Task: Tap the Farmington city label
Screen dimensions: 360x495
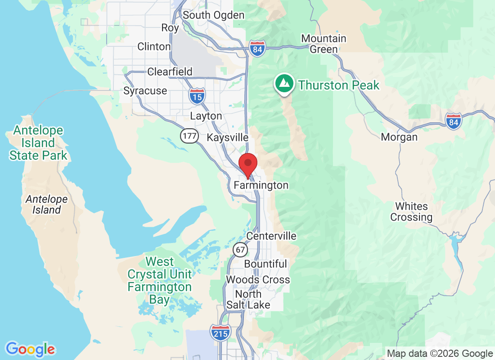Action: point(261,185)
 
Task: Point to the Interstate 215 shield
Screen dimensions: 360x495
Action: point(220,333)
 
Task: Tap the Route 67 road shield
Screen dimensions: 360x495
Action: point(240,249)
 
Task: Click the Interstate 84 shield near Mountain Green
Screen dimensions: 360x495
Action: point(257,48)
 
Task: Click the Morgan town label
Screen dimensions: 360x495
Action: point(399,137)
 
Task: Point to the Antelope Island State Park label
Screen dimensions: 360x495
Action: point(38,143)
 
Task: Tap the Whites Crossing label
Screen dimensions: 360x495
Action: point(411,212)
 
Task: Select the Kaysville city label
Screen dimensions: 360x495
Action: point(227,138)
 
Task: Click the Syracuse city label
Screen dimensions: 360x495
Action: point(145,91)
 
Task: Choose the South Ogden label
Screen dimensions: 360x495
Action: point(214,15)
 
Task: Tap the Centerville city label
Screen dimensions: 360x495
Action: point(271,236)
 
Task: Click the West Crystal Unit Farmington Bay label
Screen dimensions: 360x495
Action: point(160,280)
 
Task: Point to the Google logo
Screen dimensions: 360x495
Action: point(31,349)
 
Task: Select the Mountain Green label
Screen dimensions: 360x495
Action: point(324,44)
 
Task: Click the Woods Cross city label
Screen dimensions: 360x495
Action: point(258,280)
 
